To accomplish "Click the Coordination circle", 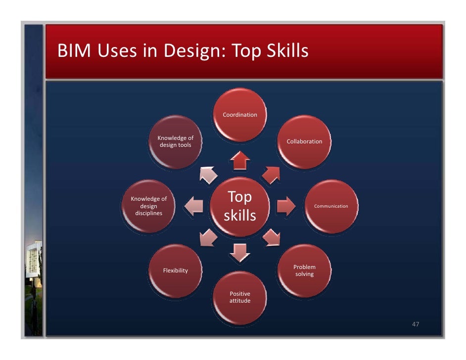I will click(x=240, y=114).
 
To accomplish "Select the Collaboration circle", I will click(x=304, y=141).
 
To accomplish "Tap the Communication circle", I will click(x=331, y=206).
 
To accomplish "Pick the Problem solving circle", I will click(x=304, y=270).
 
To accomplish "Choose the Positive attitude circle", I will click(x=240, y=297).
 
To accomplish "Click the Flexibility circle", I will click(x=176, y=270).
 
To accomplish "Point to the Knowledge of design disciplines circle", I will click(x=148, y=206).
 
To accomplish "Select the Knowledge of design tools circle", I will click(x=175, y=141).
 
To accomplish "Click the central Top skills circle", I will click(x=240, y=206).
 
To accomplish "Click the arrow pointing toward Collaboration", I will click(x=271, y=174).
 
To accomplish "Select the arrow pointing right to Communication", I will click(x=285, y=206).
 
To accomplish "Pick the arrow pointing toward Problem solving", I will click(x=271, y=238).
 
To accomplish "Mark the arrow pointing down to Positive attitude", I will click(x=240, y=252).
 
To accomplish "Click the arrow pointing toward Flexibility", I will click(x=208, y=238).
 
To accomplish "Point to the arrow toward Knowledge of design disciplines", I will click(x=193, y=206).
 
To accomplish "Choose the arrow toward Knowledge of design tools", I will click(x=208, y=174).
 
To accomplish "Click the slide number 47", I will click(x=416, y=324).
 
